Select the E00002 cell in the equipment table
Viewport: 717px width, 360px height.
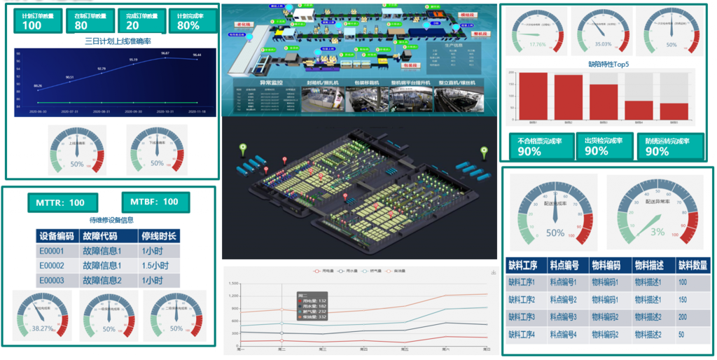[x=56, y=265]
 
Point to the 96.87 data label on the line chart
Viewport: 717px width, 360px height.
[x=165, y=53]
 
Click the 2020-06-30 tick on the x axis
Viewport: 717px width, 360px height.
[x=38, y=111]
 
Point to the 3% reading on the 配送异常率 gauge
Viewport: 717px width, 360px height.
[x=657, y=233]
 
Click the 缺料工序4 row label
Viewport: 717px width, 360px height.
[x=522, y=334]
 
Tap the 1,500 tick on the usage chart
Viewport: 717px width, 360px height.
[x=232, y=284]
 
